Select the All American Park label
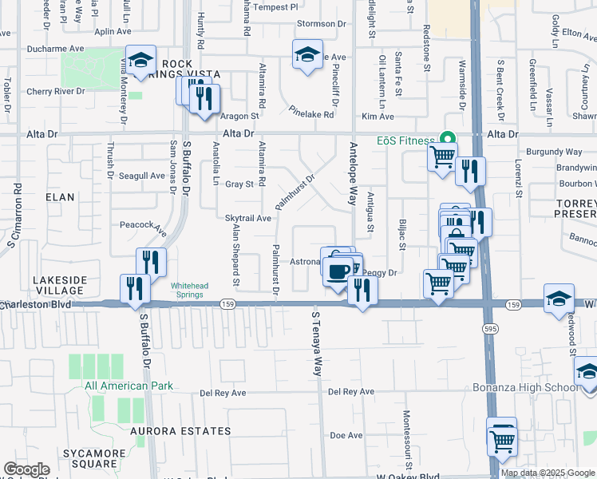point(128,386)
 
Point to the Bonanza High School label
point(535,387)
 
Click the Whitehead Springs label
point(192,289)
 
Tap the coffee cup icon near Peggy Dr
point(338,271)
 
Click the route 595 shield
point(485,328)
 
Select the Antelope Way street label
point(352,173)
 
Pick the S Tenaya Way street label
point(317,344)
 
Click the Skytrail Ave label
point(248,218)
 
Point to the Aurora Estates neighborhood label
point(181,431)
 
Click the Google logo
point(26,469)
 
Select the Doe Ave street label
point(346,435)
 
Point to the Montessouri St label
point(407,440)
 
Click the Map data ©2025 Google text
point(547,473)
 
